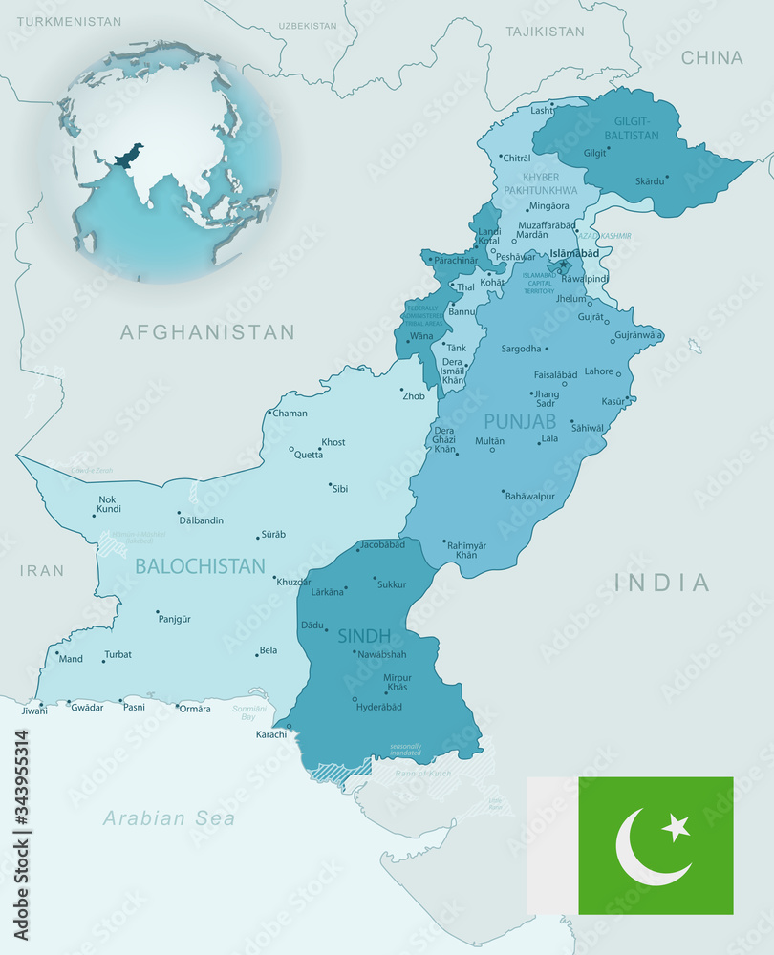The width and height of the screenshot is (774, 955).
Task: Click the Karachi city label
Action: pos(270,733)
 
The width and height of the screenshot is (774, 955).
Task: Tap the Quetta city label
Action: pos(308,455)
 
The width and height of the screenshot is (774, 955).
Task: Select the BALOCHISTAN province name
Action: pos(200,566)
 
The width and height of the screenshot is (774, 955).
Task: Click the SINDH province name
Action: pos(364,636)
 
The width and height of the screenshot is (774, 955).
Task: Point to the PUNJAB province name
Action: pos(520,421)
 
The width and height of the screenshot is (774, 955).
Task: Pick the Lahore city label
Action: pos(599,371)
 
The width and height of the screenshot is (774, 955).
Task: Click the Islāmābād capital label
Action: pos(574,253)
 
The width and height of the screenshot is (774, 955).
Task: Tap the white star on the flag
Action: pos(676,827)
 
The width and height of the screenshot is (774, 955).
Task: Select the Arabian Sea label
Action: pos(169,818)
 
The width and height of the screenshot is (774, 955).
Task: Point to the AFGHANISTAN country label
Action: pos(207,332)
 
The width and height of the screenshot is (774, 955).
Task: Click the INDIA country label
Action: pos(662,583)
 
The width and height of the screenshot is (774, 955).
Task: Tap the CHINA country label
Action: pos(712,58)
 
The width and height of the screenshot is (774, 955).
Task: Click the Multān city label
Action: pos(489,441)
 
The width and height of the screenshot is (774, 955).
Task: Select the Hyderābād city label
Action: pos(378,707)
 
